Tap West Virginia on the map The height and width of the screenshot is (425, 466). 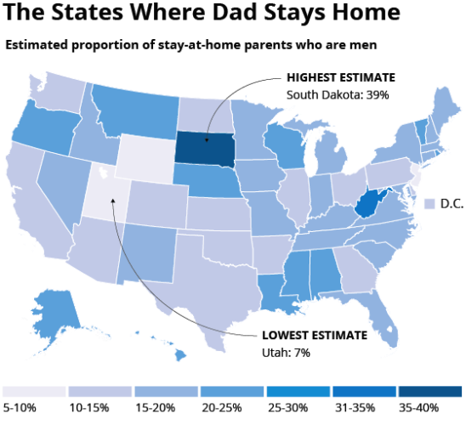369,203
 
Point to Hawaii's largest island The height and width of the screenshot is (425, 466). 180,354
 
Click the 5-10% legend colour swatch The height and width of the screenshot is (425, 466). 34,392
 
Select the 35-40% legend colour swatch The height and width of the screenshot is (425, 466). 430,392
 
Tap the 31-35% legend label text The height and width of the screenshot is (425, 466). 355,408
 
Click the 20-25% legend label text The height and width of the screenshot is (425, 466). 222,408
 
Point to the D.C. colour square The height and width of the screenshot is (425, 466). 429,204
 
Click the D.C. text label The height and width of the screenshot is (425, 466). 452,204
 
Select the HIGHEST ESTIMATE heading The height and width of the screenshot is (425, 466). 341,77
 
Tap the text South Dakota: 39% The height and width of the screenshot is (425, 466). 338,95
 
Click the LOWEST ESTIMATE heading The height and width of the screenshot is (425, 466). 315,335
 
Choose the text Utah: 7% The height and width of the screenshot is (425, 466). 286,353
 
